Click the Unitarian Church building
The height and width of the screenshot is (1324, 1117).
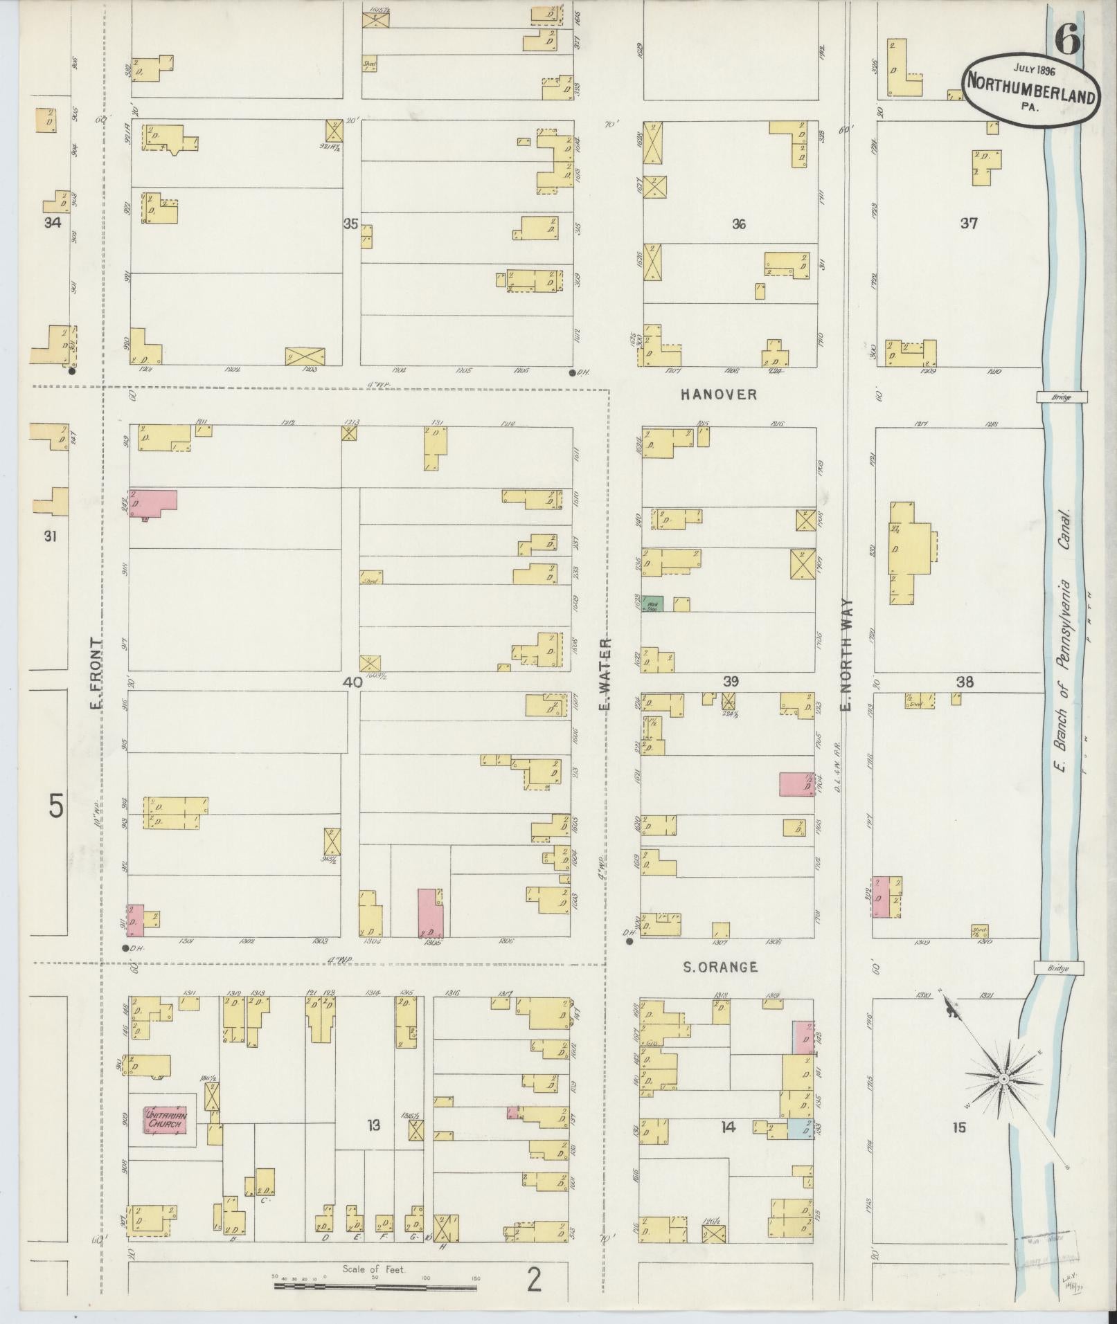click(166, 1121)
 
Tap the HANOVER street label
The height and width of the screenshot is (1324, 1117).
click(718, 395)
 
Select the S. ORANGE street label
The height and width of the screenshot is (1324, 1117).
click(720, 968)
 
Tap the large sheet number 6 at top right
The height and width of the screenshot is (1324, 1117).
click(1067, 40)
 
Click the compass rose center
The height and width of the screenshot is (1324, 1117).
click(1003, 1099)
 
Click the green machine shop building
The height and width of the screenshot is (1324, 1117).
click(652, 603)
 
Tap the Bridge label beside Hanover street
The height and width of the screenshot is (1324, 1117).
click(1062, 397)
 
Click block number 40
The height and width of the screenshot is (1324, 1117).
click(352, 682)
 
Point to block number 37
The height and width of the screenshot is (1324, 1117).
click(968, 223)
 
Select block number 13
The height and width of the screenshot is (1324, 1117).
click(373, 1126)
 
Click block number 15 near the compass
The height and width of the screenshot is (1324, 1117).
click(958, 1128)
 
